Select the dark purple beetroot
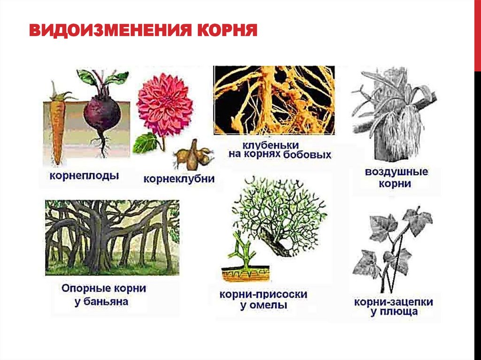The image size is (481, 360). pyautogui.click(x=101, y=115)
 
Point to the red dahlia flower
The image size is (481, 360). pyautogui.click(x=164, y=104)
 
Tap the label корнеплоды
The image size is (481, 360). pyautogui.click(x=84, y=176)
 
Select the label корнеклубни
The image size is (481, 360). pyautogui.click(x=179, y=179)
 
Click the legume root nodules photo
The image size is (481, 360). pyautogui.click(x=274, y=100)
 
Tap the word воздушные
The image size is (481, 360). pyautogui.click(x=396, y=172)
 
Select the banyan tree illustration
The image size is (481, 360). pyautogui.click(x=112, y=237)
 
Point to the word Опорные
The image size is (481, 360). pyautogui.click(x=84, y=288)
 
